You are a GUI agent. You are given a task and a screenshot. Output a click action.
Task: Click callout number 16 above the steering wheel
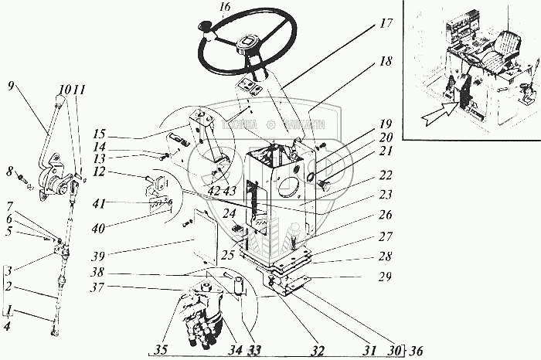click(224, 9)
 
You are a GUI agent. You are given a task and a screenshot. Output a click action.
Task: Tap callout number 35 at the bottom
click(160, 348)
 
